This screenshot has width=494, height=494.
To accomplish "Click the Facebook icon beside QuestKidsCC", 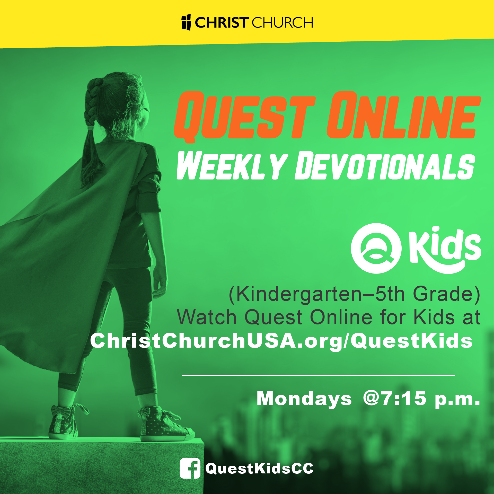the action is point(190,468).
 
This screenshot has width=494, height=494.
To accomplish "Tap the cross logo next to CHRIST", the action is point(186,22).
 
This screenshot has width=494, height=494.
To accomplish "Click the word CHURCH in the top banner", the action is point(282,23).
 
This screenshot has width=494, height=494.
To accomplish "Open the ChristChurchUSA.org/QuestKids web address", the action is point(281,341).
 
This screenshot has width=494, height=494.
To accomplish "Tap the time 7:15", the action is point(404,399).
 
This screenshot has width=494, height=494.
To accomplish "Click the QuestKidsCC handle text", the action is point(259,468).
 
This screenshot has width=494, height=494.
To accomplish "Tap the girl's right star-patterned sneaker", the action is point(165,425).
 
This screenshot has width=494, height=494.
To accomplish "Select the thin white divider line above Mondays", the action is point(318,375).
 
